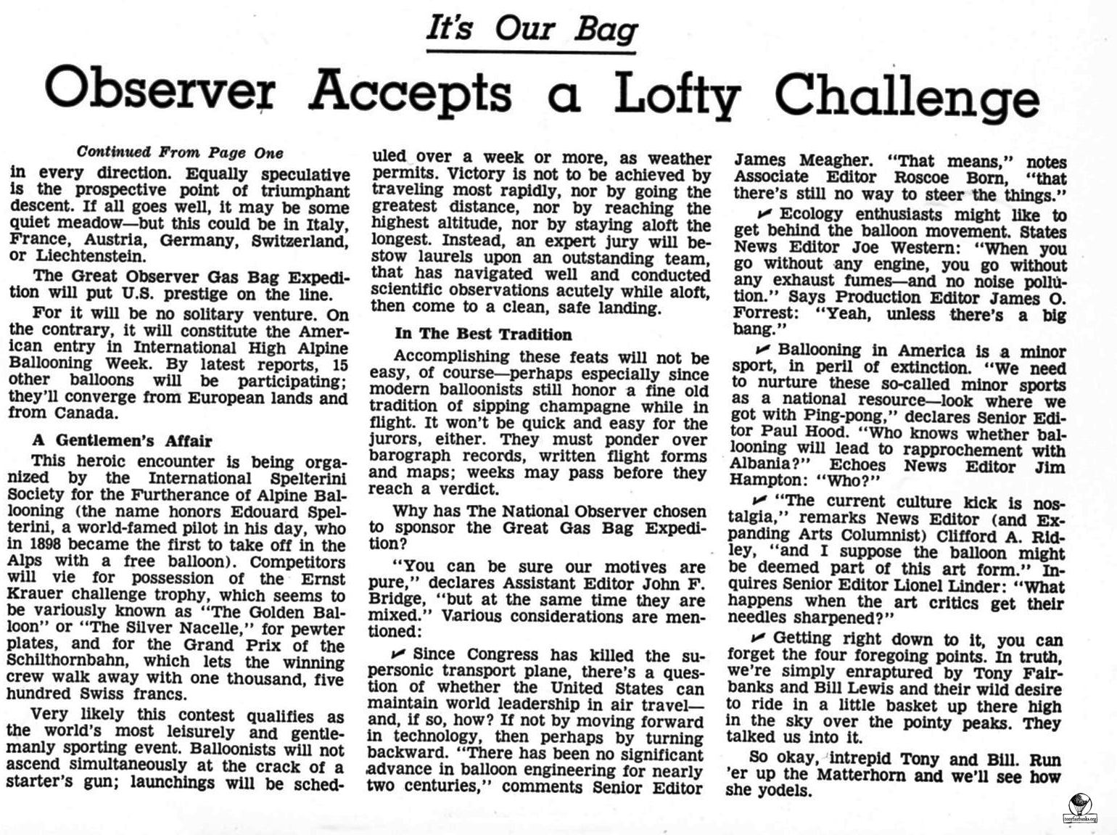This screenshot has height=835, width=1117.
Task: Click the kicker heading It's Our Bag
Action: pos(531,29)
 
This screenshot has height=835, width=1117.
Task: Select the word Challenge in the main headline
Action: pos(907,94)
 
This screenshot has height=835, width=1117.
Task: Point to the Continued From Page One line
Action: pos(180,152)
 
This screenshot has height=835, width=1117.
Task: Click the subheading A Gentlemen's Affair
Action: pos(123,440)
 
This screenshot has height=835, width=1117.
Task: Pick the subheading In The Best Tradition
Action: pos(483,334)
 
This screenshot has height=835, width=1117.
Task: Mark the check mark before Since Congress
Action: pos(398,654)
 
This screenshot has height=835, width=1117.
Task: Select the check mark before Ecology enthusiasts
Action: pos(763,213)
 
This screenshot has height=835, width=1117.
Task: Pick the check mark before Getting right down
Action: pos(758,638)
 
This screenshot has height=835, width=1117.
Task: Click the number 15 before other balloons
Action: pos(339,364)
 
